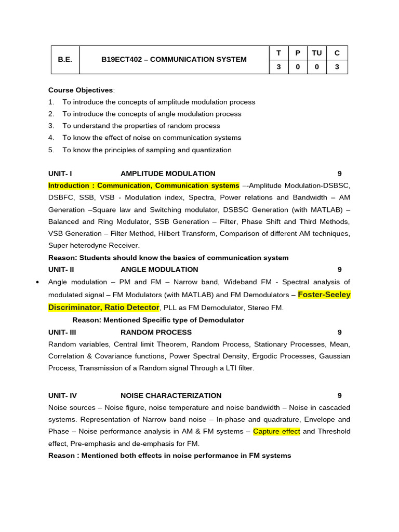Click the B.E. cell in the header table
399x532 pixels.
pyautogui.click(x=65, y=60)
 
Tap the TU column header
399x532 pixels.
pyautogui.click(x=316, y=53)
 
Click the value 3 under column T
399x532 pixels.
pyautogui.click(x=278, y=67)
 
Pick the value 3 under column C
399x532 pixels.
pyautogui.click(x=337, y=67)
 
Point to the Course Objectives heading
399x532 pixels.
pyautogui.click(x=81, y=90)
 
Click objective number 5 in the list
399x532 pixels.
pyautogui.click(x=51, y=150)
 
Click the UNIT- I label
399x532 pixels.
pyautogui.click(x=60, y=174)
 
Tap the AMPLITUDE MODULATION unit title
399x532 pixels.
pyautogui.click(x=168, y=174)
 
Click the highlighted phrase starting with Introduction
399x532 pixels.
pyautogui.click(x=144, y=185)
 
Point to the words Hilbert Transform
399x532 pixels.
pyautogui.click(x=188, y=233)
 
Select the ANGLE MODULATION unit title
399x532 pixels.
pyautogui.click(x=159, y=270)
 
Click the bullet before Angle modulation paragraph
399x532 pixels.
pyautogui.click(x=37, y=282)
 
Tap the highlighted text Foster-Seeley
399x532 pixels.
pyautogui.click(x=324, y=295)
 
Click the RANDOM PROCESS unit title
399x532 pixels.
pyautogui.click(x=156, y=332)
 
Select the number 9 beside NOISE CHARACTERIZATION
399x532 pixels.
pyautogui.click(x=339, y=395)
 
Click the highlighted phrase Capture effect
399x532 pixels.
pyautogui.click(x=276, y=431)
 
